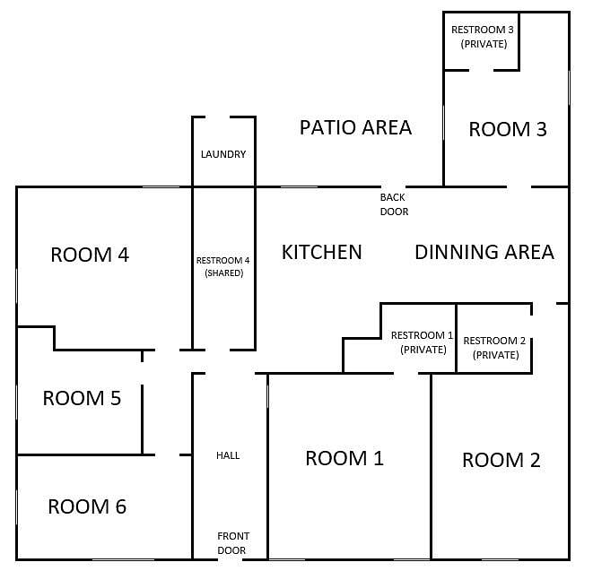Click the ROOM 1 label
click(x=344, y=458)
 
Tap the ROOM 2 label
click(x=501, y=460)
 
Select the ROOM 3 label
click(x=508, y=129)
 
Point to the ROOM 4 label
click(x=90, y=255)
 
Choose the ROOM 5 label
click(x=82, y=398)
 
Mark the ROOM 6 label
click(x=87, y=506)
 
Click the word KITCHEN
click(x=322, y=252)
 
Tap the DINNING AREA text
click(x=484, y=252)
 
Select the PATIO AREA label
click(x=355, y=127)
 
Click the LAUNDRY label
click(x=223, y=154)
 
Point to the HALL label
click(x=228, y=455)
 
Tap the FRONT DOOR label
click(x=232, y=543)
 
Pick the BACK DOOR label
click(x=394, y=204)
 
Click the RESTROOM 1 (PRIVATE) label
click(x=423, y=342)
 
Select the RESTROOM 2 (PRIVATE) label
click(x=494, y=348)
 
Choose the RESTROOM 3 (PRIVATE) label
click(x=483, y=37)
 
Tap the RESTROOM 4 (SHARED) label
click(x=223, y=266)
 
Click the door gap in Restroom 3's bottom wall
click(x=482, y=70)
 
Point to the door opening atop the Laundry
click(x=217, y=117)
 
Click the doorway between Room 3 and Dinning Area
click(x=519, y=186)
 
